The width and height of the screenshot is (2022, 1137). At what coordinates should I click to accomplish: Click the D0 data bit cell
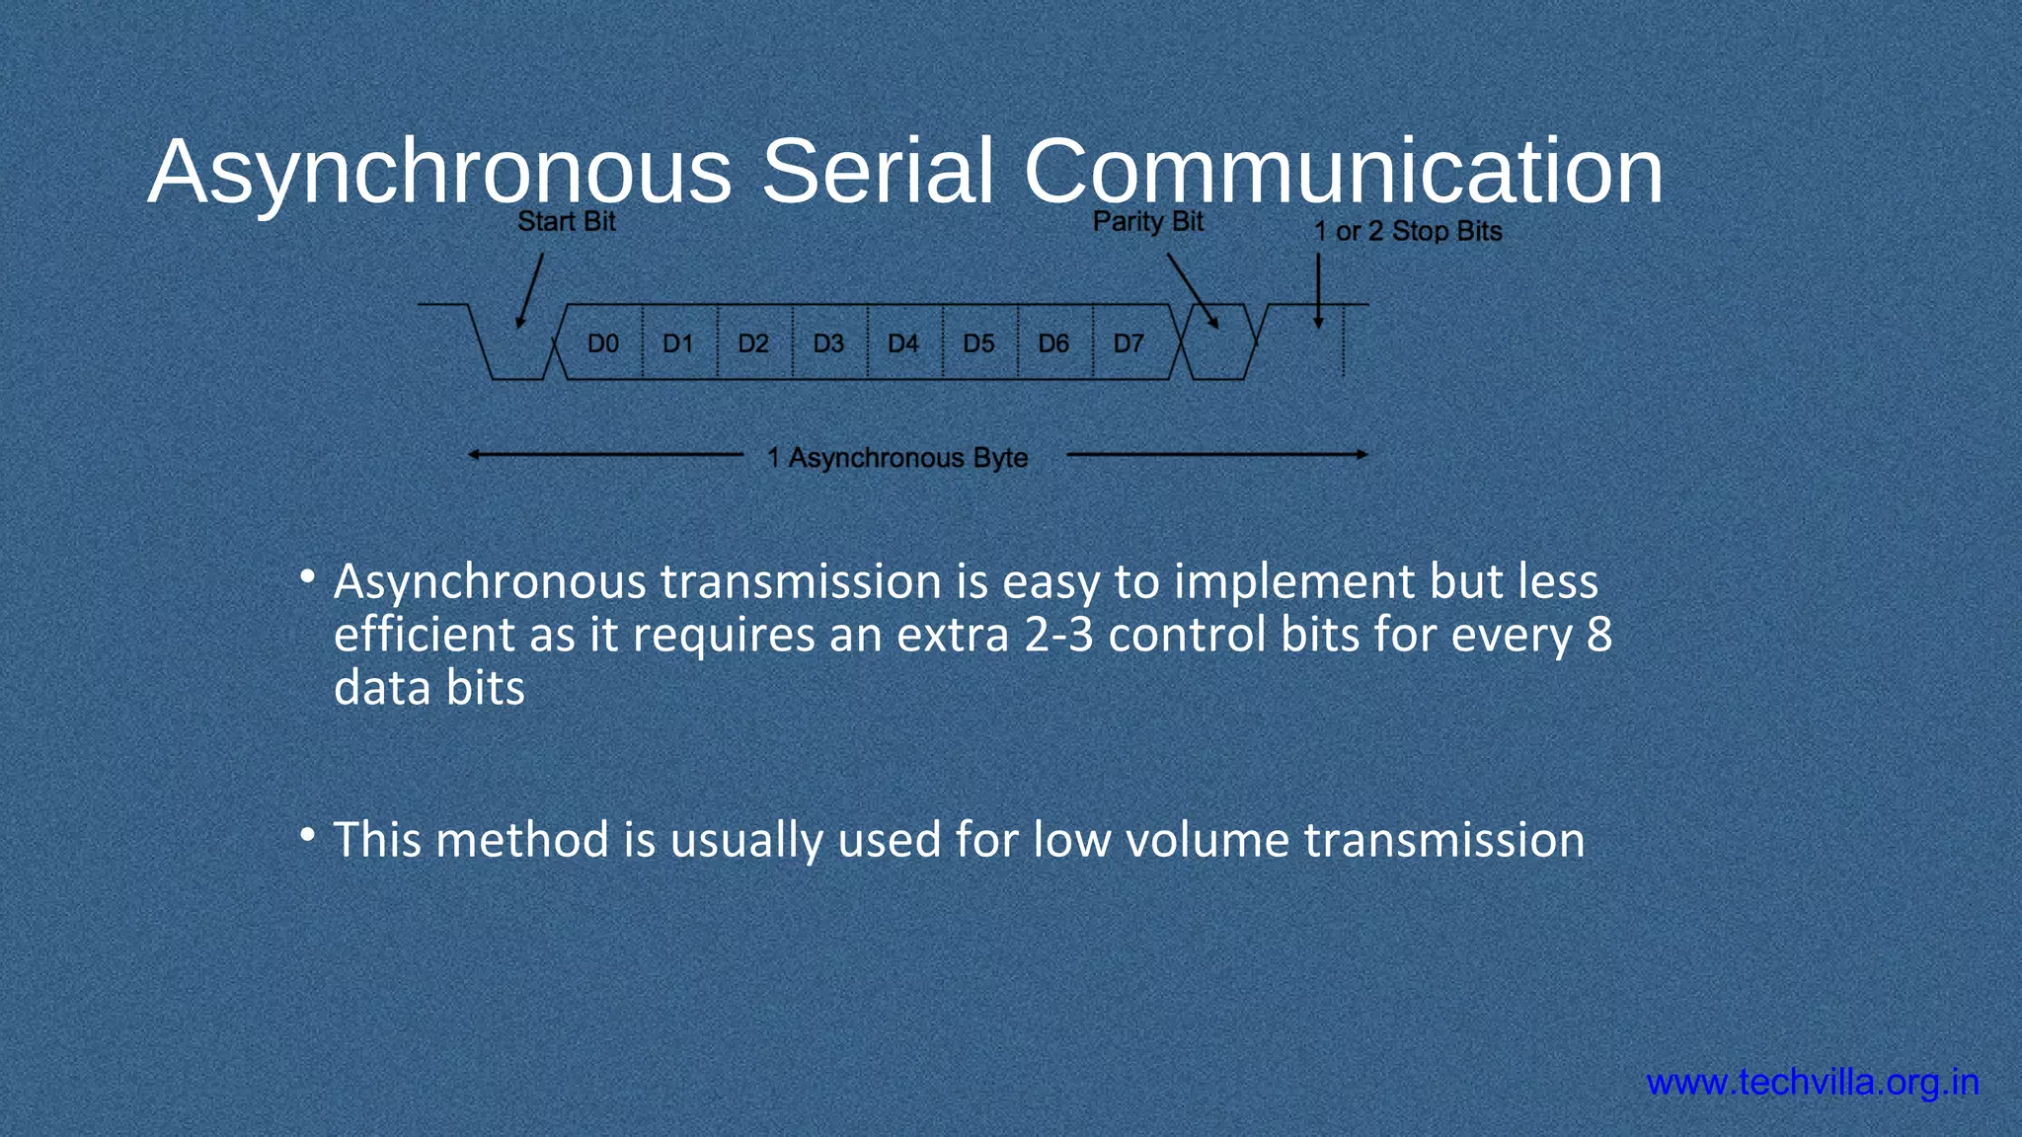pyautogui.click(x=603, y=343)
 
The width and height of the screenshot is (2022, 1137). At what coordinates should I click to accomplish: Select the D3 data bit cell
pyautogui.click(x=828, y=343)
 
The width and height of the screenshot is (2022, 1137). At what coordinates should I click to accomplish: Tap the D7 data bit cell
pyautogui.click(x=1128, y=343)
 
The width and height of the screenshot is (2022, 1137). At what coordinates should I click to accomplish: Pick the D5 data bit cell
pyautogui.click(x=978, y=343)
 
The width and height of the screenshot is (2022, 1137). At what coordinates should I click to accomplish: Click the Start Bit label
pyautogui.click(x=566, y=222)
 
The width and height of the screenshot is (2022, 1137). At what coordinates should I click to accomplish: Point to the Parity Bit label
pyautogui.click(x=1147, y=222)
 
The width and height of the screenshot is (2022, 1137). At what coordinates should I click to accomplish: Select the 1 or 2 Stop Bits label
pyautogui.click(x=1407, y=232)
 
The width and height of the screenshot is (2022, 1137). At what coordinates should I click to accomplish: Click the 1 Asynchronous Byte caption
pyautogui.click(x=897, y=458)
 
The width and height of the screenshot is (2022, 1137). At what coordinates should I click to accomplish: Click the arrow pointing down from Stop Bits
pyautogui.click(x=1318, y=291)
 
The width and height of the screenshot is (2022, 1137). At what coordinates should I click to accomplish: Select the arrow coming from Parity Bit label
pyautogui.click(x=1193, y=291)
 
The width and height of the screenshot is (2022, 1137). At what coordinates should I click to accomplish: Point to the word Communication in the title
pyautogui.click(x=1343, y=172)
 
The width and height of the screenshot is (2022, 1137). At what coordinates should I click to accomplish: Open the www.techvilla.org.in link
pyautogui.click(x=1813, y=1083)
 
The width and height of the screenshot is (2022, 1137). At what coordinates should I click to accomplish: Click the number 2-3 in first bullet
pyautogui.click(x=1058, y=635)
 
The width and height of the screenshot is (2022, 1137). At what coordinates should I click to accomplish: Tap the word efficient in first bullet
pyautogui.click(x=424, y=635)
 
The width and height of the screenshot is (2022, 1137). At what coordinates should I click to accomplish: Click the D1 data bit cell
pyautogui.click(x=678, y=343)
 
